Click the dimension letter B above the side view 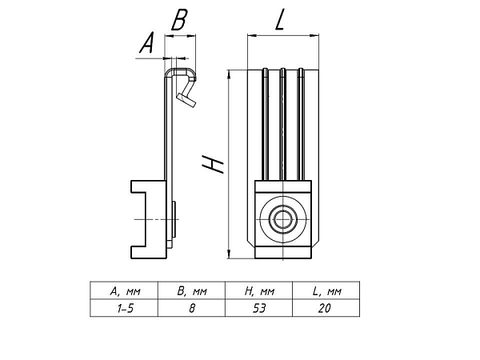(x=179, y=20)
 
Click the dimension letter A (x=146, y=42)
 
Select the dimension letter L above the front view (x=280, y=19)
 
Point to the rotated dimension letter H (x=213, y=164)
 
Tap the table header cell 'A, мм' (x=125, y=291)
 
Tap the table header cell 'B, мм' (x=192, y=291)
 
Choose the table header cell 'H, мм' (x=259, y=291)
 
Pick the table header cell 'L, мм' (x=327, y=291)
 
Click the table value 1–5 (x=125, y=308)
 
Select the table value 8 (x=192, y=308)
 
